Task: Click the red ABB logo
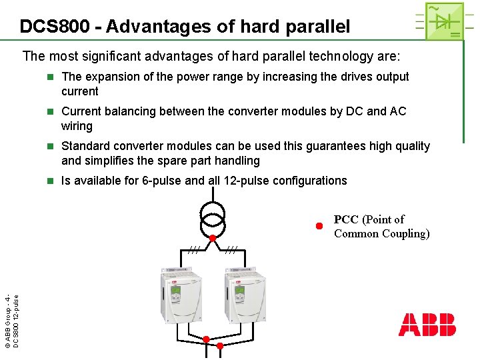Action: tap(427, 324)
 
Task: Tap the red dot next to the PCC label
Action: tap(319, 226)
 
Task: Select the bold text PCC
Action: tap(346, 219)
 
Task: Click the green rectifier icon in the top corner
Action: tap(439, 21)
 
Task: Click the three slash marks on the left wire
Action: tap(193, 249)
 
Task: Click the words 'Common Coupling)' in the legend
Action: tap(381, 233)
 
